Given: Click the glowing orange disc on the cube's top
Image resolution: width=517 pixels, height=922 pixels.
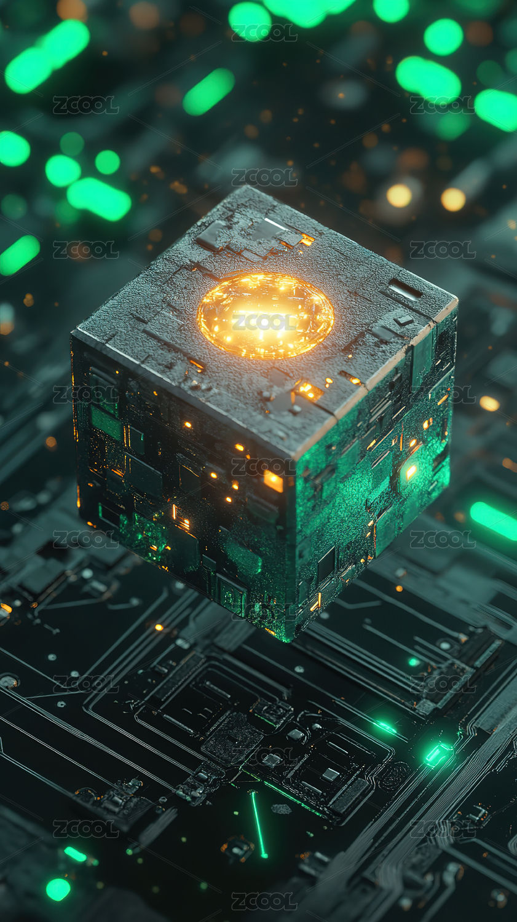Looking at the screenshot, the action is [265, 315].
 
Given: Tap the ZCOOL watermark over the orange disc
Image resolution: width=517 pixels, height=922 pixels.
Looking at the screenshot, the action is [264, 322].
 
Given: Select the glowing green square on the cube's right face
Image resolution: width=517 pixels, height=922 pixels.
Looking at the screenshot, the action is [411, 471].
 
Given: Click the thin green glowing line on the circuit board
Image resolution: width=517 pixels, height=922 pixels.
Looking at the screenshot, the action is [258, 824].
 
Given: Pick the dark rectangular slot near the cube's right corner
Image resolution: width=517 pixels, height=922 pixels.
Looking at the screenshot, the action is [406, 288].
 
